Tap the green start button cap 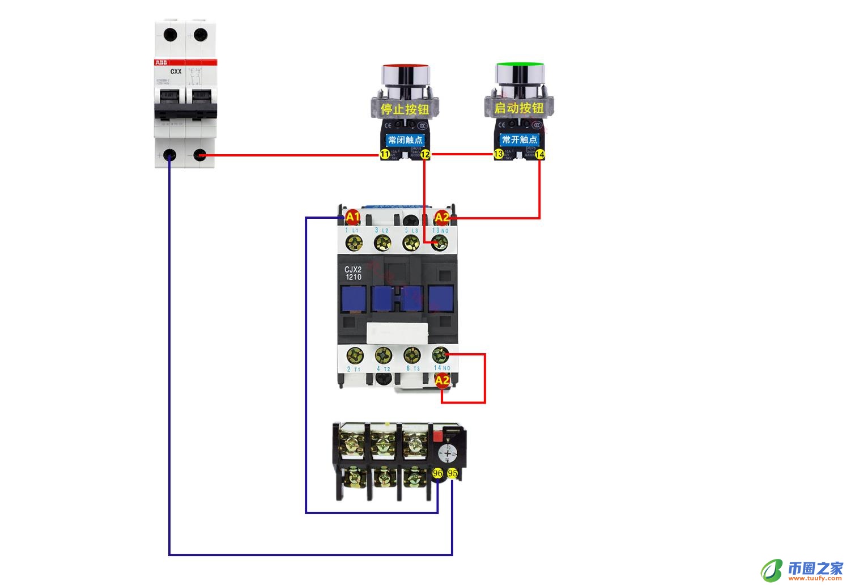pos(520,72)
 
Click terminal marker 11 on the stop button pos(385,154)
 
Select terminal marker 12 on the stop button pos(425,155)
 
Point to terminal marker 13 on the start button pos(499,154)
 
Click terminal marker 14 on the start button pos(539,154)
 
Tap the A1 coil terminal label pos(352,217)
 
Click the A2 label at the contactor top pos(441,217)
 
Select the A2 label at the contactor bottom pos(442,380)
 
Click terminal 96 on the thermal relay pos(437,473)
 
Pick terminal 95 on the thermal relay pos(452,473)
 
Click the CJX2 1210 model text pos(353,273)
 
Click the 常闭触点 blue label pos(405,139)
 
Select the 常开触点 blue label pos(520,139)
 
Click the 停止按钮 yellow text pos(405,109)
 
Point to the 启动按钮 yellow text pos(519,108)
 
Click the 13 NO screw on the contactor pos(439,243)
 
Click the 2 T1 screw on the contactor pos(355,355)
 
